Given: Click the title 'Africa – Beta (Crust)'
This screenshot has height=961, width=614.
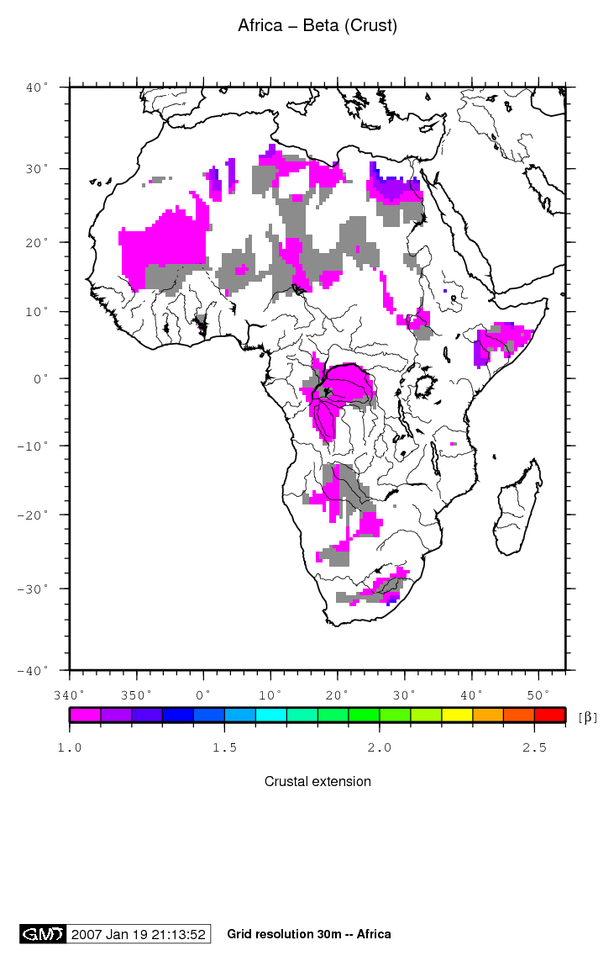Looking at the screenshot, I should pos(317,26).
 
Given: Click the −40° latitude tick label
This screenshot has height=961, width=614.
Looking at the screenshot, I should pos(34,670).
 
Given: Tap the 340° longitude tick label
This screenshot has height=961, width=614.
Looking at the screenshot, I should pos(69,694).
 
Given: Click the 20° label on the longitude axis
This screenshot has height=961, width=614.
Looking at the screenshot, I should pos(338,694).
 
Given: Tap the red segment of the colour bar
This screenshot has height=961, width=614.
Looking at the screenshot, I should pos(549,715).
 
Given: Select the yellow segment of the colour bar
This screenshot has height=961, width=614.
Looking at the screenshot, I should pos(457,715).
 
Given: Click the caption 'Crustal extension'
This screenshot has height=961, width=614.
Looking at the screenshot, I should pos(317,781).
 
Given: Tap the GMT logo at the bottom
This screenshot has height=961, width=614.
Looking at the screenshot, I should pos(42,934).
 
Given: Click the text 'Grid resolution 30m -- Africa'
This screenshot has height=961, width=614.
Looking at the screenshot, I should pos(308,934).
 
